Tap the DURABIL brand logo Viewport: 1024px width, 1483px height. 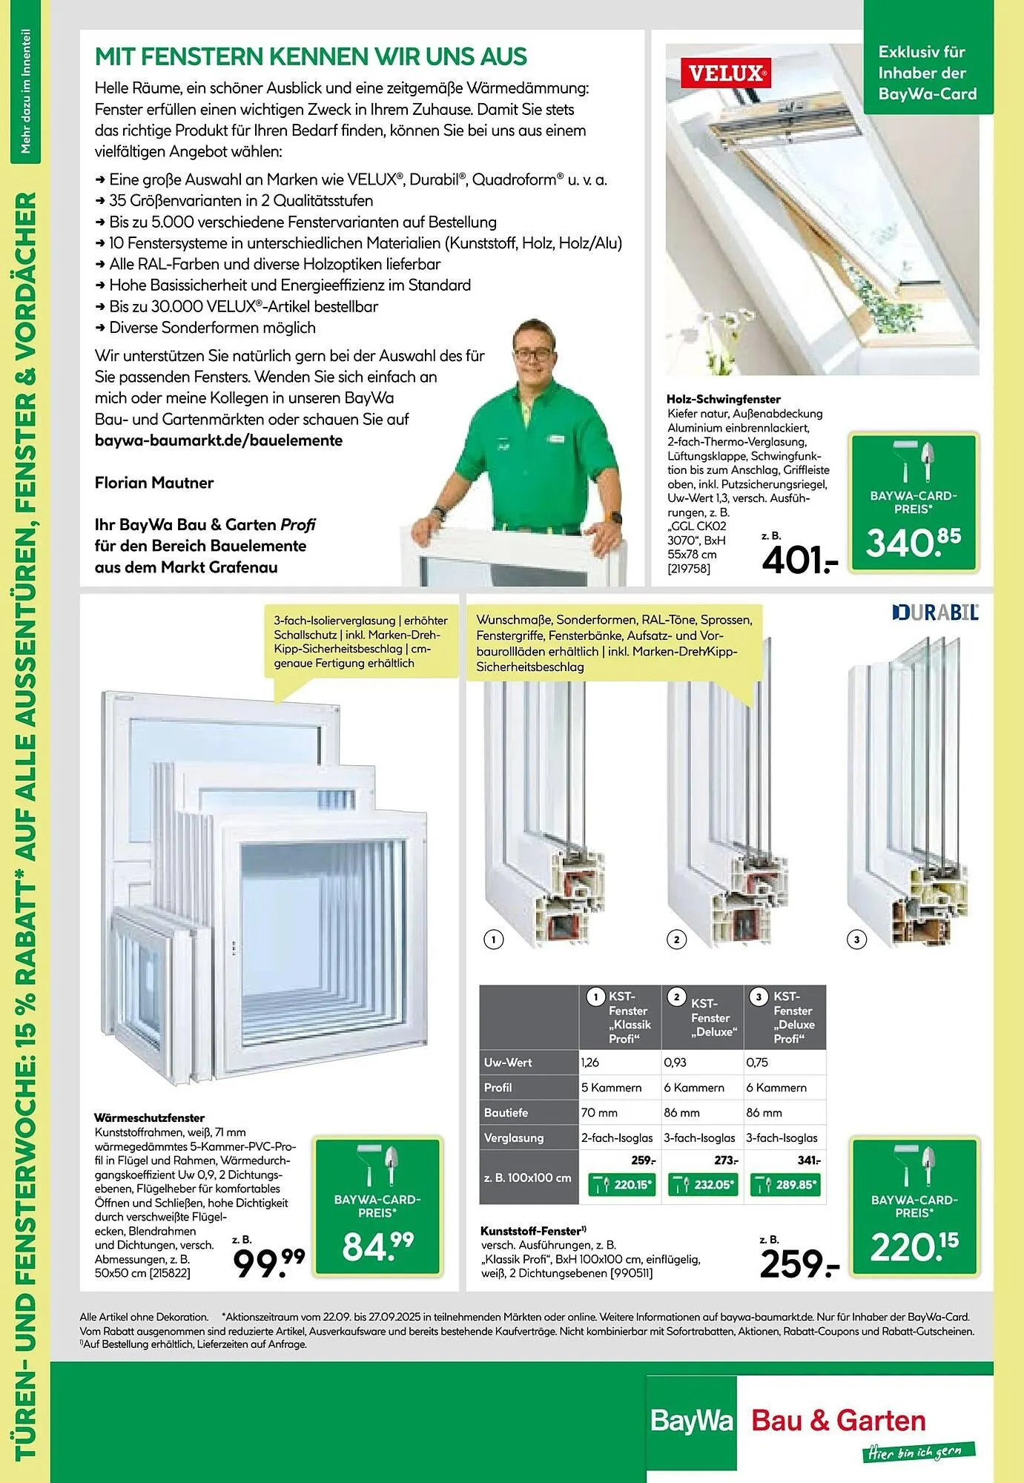936,612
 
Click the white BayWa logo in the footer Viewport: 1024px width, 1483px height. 691,1420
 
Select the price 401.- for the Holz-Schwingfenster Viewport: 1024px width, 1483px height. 799,561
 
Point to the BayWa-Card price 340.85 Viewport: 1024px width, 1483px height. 913,543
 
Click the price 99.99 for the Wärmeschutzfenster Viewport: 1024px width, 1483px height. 268,1262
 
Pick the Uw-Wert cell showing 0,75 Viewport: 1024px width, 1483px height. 784,1062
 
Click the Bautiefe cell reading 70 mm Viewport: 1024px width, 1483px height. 620,1112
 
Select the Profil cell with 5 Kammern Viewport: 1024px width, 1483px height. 620,1087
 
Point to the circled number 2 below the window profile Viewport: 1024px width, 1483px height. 676,939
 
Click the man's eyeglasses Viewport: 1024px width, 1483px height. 533,354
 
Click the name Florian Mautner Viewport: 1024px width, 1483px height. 154,483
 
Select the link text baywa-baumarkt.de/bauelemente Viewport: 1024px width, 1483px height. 219,440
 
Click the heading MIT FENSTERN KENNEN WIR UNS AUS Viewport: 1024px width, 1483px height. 311,56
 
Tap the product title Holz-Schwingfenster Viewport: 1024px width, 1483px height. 713,399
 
